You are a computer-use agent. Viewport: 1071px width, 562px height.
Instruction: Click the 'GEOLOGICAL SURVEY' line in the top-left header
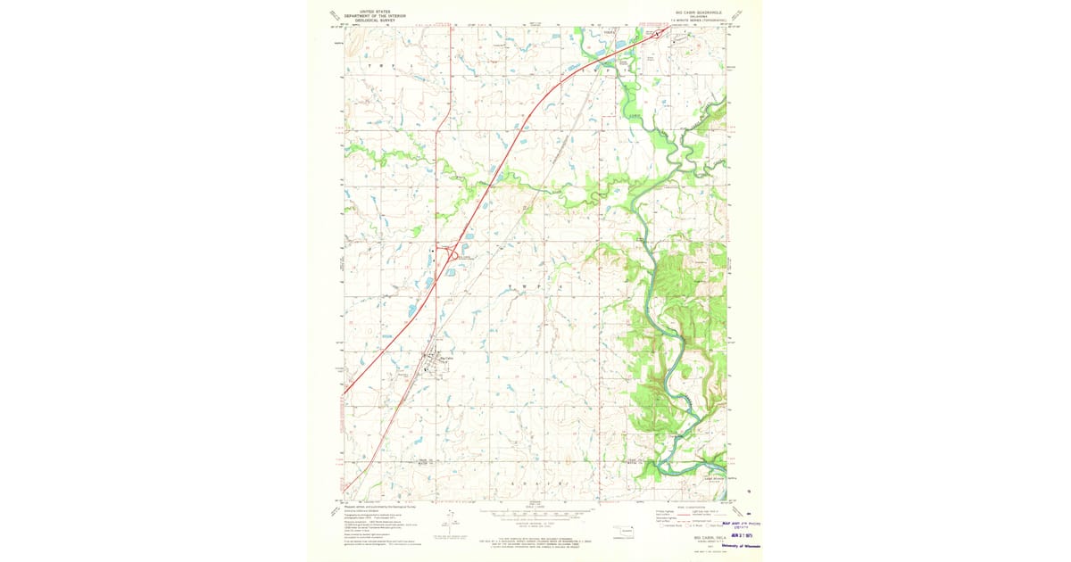375,20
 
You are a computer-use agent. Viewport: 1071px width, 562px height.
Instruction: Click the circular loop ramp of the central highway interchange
454,255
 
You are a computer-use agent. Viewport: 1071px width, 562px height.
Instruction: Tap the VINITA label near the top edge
610,31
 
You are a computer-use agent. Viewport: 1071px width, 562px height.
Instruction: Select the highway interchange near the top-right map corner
660,34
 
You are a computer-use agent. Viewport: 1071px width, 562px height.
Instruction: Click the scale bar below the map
535,516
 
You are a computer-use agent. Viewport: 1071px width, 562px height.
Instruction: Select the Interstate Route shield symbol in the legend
668,526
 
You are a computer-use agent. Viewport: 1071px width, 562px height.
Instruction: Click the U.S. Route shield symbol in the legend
689,526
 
